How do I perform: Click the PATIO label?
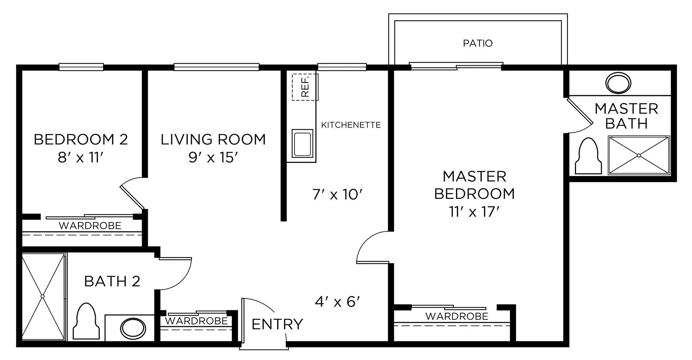pos(478,43)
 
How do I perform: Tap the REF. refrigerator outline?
pos(305,87)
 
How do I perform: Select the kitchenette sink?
pos(302,143)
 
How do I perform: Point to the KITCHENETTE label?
pos(351,125)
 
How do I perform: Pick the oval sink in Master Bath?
pos(618,83)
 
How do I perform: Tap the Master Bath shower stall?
pos(639,155)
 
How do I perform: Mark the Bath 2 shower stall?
pos(43,297)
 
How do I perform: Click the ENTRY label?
pos(277,324)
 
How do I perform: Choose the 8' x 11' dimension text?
pos(81,157)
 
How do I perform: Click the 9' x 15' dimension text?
pos(213,157)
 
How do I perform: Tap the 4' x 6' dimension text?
pos(338,302)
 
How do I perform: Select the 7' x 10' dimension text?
pos(337,195)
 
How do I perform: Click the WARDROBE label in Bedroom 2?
pos(90,226)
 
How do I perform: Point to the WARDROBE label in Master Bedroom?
pos(457,316)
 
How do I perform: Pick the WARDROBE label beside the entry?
pos(196,321)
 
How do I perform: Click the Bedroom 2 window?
pos(81,67)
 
